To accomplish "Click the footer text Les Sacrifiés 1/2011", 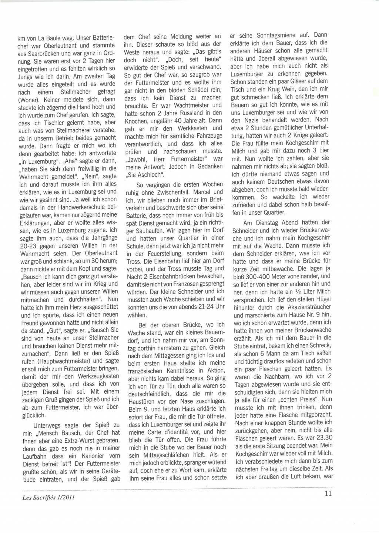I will pos(49,497).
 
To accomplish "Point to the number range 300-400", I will pos(259,276).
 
